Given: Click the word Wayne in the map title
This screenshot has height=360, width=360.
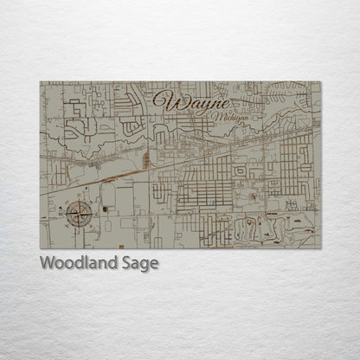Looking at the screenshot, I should tap(190, 100).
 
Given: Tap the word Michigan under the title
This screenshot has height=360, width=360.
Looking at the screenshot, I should tap(215, 115).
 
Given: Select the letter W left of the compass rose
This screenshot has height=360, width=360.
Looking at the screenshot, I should tap(61, 213).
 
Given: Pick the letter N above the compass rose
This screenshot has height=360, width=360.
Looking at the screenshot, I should tap(80, 195).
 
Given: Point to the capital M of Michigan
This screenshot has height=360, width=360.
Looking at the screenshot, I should tap(201, 114).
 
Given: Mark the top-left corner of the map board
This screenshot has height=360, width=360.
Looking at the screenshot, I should tap(41, 82).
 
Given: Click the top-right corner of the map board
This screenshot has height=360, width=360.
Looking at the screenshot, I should tap(320, 82).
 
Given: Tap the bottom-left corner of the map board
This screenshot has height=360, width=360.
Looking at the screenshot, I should tap(41, 248).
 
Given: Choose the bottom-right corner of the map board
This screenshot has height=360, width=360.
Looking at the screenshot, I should tap(320, 248).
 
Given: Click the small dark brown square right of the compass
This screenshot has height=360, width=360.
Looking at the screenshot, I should tap(104, 209).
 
